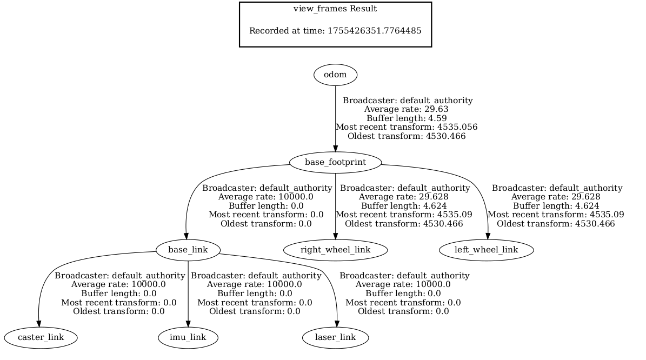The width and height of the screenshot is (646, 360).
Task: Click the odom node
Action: pyautogui.click(x=335, y=75)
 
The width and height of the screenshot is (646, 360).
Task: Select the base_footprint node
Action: pyautogui.click(x=335, y=162)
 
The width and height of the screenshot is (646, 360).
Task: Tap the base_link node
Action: pyautogui.click(x=188, y=250)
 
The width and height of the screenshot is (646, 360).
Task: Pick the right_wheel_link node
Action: pyautogui.click(x=335, y=250)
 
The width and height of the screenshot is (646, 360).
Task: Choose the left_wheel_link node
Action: pyautogui.click(x=486, y=250)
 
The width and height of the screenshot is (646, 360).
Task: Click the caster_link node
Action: pyautogui.click(x=41, y=337)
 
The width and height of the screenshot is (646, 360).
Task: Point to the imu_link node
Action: pyautogui.click(x=188, y=337)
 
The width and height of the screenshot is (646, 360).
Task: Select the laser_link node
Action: pyautogui.click(x=335, y=337)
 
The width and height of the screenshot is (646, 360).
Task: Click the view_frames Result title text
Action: pyautogui.click(x=335, y=9)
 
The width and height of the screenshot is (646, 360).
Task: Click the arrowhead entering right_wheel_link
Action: pyautogui.click(x=335, y=236)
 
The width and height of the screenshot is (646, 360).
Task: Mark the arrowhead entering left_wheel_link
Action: pyautogui.click(x=488, y=236)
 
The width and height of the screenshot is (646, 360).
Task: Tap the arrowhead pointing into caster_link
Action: pyautogui.click(x=39, y=324)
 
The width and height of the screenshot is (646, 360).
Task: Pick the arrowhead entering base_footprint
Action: pyautogui.click(x=335, y=149)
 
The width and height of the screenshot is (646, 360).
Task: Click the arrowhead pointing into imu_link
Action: pyautogui.click(x=188, y=324)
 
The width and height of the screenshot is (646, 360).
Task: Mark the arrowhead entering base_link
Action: pyautogui.click(x=186, y=236)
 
